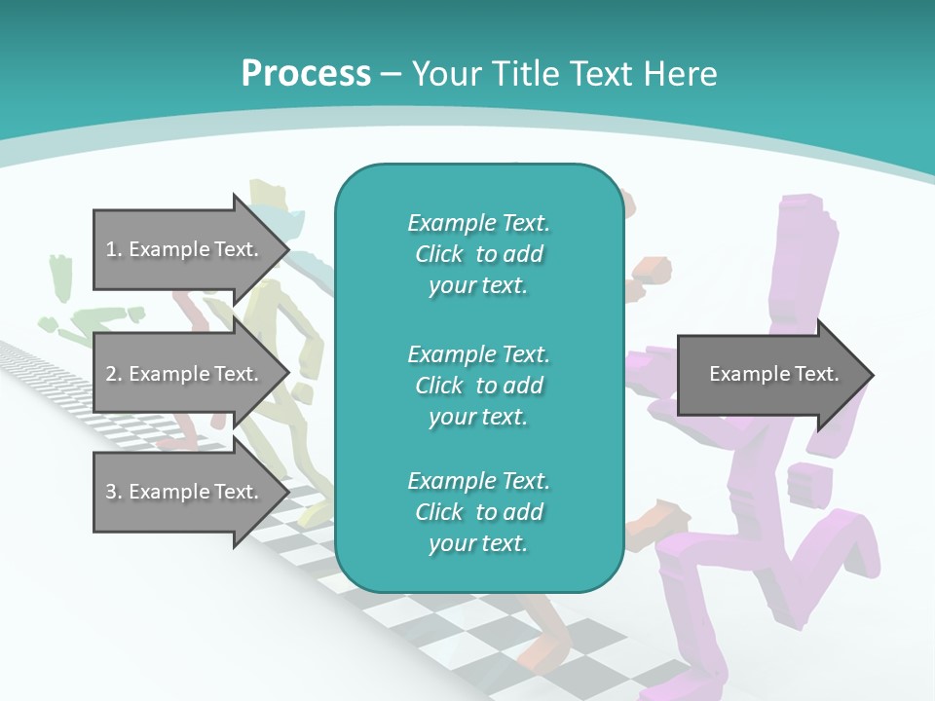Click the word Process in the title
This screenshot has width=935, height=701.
click(306, 74)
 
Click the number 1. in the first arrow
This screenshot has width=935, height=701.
click(114, 249)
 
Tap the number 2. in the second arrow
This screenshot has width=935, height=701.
click(114, 374)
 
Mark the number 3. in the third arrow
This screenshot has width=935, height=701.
click(114, 492)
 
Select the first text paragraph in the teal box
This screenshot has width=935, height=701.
click(478, 254)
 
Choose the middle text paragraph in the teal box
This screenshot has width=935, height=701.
click(478, 385)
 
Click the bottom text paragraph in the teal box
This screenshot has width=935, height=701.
click(478, 512)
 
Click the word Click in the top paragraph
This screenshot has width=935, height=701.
click(439, 254)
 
